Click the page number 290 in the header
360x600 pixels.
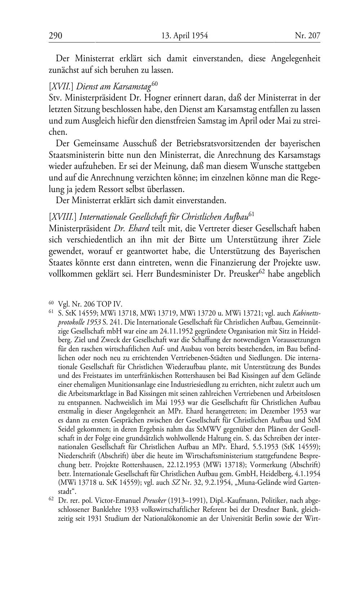[x=56, y=35]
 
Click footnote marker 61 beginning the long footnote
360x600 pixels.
[x=51, y=311]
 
